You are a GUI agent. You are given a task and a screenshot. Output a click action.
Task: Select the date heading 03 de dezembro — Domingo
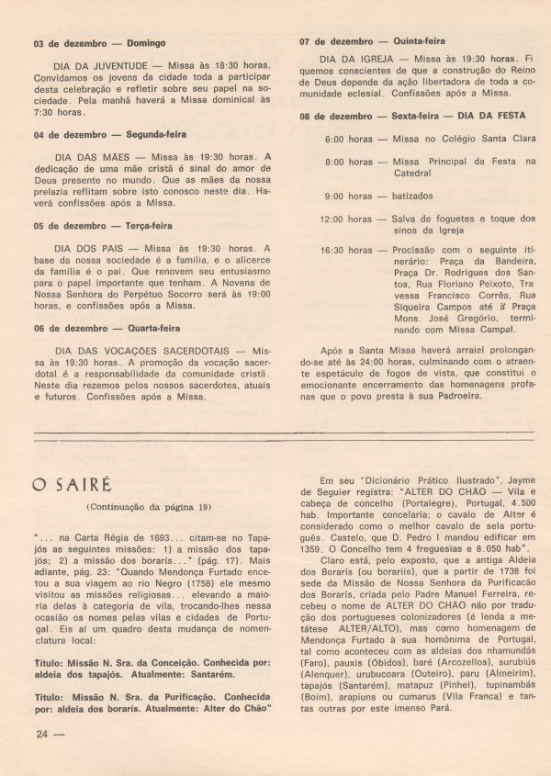pos(99,43)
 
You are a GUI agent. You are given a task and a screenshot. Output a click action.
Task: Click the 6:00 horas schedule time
pos(348,139)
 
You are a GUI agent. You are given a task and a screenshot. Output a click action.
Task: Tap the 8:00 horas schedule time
pos(348,162)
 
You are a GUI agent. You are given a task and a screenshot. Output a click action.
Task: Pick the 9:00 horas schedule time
pos(348,197)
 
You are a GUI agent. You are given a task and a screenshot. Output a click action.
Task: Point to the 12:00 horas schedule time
pos(345,219)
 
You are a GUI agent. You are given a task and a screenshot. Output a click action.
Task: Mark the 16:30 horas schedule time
pos(345,250)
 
